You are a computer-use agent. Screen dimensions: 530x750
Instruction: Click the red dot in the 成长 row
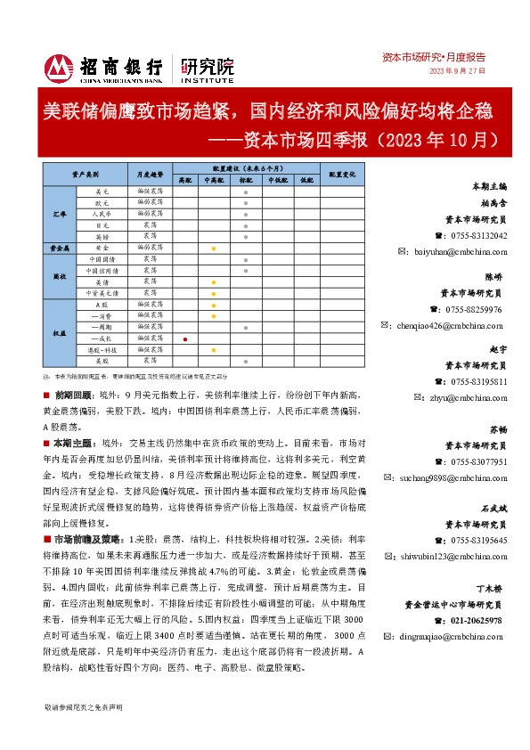pyautogui.click(x=184, y=339)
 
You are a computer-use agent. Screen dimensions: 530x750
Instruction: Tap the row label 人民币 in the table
pyautogui.click(x=101, y=214)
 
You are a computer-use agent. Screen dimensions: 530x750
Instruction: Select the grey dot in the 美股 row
pyautogui.click(x=244, y=362)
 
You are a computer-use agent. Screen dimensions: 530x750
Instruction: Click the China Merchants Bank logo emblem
pyautogui.click(x=60, y=67)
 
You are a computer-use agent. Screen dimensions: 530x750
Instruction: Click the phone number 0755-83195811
pyautogui.click(x=479, y=381)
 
